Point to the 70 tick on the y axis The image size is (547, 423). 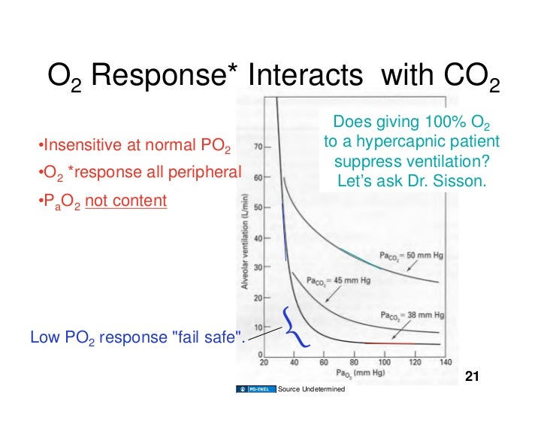[x=257, y=147]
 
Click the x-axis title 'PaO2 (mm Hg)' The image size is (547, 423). [x=358, y=373]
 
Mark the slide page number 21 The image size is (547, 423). [x=473, y=376]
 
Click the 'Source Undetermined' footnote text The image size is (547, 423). [x=311, y=389]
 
